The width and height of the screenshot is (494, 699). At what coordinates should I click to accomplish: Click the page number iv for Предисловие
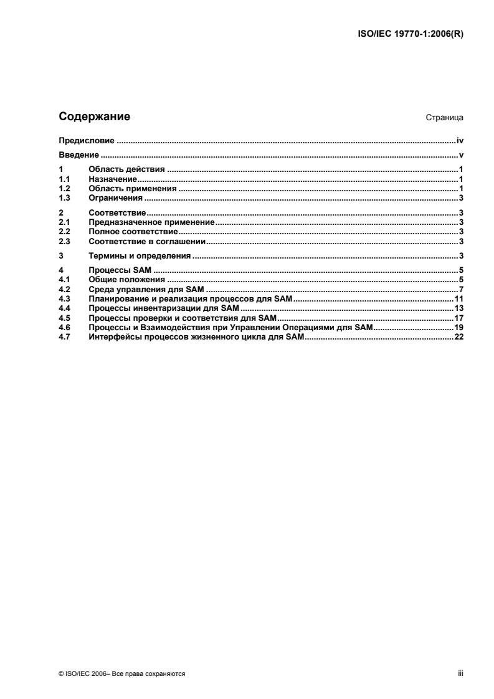pyautogui.click(x=460, y=141)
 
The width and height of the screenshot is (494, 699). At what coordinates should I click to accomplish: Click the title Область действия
pyautogui.click(x=126, y=169)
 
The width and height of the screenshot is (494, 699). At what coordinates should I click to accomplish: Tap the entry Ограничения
pyautogui.click(x=116, y=198)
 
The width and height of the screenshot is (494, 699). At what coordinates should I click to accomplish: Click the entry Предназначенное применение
pyautogui.click(x=151, y=222)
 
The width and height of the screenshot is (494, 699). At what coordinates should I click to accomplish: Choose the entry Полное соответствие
pyautogui.click(x=133, y=231)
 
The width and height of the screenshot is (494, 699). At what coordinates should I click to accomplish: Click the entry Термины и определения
pyautogui.click(x=140, y=256)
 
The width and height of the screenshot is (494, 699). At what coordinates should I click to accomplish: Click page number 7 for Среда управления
pyautogui.click(x=461, y=290)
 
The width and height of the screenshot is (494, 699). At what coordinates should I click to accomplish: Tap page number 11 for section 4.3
pyautogui.click(x=458, y=299)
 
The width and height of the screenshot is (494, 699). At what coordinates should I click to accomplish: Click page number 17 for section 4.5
pyautogui.click(x=458, y=318)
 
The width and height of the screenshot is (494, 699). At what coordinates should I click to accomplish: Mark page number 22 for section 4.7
pyautogui.click(x=458, y=338)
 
